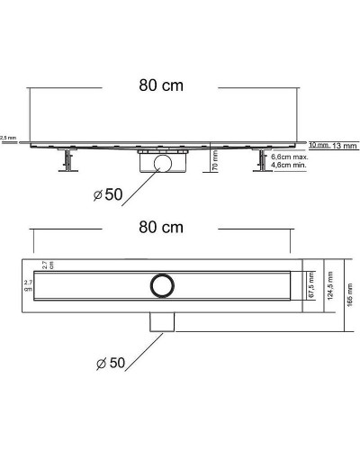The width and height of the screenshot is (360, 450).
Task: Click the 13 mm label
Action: pos(343,144)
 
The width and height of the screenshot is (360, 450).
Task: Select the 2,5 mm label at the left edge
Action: pos(8,138)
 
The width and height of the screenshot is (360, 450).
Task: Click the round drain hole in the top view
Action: pos(160,284)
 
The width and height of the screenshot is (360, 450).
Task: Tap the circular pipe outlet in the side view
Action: pos(160,163)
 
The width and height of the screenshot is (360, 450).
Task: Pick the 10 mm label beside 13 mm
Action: pos(315,144)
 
